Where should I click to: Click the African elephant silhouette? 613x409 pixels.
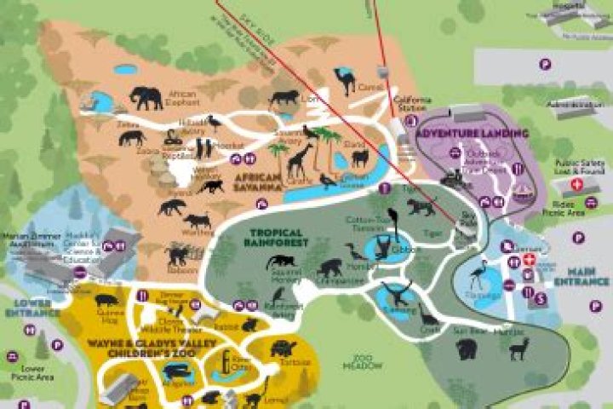146,98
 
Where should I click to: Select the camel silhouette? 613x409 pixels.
346,80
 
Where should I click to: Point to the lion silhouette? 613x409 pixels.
284,98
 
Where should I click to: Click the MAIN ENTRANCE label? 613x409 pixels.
581,276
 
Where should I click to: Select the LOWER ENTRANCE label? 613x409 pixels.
26,308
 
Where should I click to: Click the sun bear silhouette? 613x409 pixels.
466,349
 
